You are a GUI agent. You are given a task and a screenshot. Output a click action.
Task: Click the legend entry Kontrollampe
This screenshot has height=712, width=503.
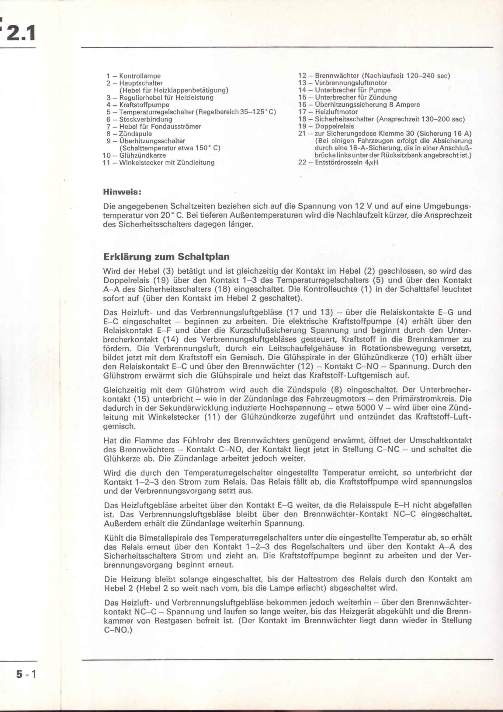coord(140,76)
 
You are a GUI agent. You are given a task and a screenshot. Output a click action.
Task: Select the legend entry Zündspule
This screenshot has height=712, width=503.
coord(136,134)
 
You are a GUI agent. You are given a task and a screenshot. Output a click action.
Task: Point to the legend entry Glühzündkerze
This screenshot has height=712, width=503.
coord(142,155)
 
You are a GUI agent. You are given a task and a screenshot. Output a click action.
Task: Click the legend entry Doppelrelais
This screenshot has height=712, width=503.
coord(334,126)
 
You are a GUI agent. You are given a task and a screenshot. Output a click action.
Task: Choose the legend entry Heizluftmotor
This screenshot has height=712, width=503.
coord(336,112)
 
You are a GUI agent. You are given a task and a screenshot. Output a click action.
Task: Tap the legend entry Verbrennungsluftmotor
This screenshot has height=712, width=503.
coord(351,83)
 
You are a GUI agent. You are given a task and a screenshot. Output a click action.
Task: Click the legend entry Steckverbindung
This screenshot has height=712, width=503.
coord(146,119)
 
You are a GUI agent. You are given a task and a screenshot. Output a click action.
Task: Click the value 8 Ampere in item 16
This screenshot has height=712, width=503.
coord(404,104)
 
